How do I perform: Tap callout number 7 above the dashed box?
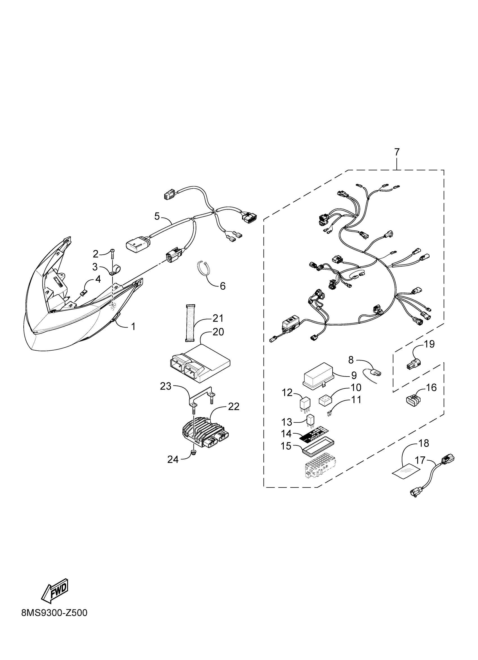(x=397, y=152)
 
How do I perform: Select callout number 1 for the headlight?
(x=133, y=326)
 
